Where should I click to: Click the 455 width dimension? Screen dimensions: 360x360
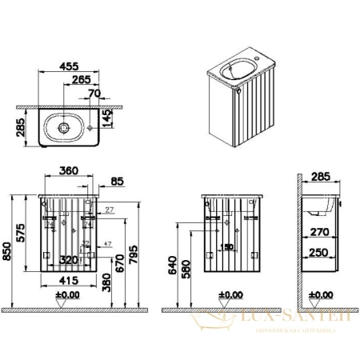click(70, 70)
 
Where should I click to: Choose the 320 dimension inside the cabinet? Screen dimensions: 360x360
click(68, 261)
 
